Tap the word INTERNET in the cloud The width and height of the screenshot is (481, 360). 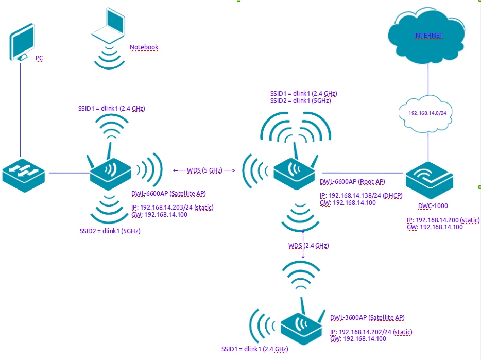coord(428,36)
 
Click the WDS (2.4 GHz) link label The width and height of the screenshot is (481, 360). coord(308,246)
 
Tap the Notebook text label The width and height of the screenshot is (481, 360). coord(144,47)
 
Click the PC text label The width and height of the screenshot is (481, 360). coord(39,58)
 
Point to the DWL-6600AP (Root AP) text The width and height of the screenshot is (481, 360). coord(352,182)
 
